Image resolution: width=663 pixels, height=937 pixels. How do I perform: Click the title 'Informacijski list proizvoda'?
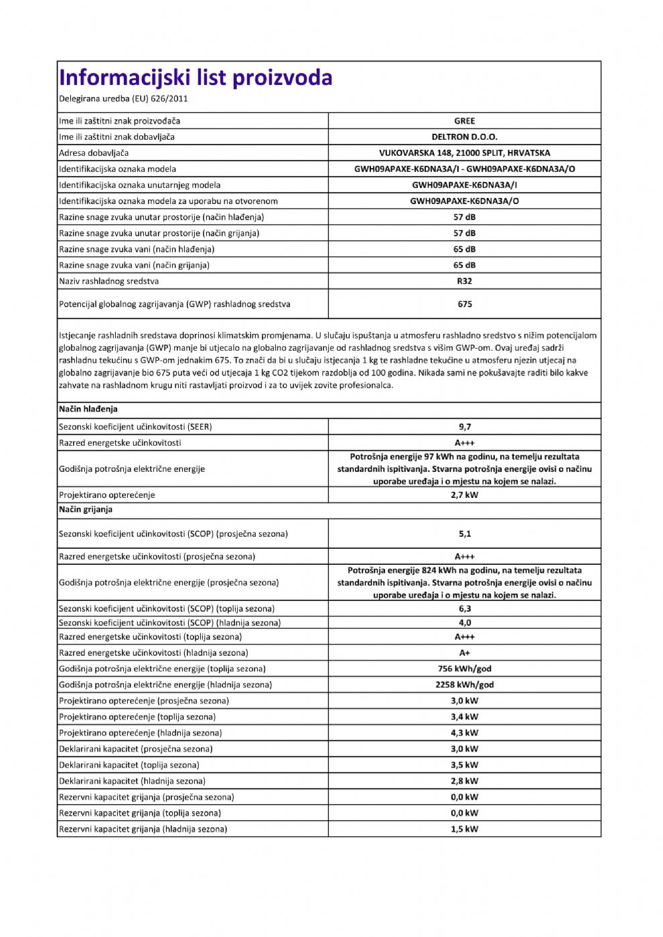(x=196, y=78)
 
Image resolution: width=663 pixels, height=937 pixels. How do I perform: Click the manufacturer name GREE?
(x=464, y=121)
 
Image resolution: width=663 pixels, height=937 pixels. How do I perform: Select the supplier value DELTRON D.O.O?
(x=464, y=137)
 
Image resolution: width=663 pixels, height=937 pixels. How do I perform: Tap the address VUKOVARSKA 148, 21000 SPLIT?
(x=464, y=153)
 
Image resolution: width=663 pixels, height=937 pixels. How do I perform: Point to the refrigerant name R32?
(x=464, y=281)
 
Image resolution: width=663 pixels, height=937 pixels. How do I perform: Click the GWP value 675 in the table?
(x=465, y=304)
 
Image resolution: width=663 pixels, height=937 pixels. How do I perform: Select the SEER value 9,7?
(x=464, y=427)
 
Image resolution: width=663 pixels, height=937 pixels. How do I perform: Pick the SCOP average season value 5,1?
(x=464, y=534)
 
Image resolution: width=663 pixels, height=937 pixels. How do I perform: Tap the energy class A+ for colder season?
(x=464, y=653)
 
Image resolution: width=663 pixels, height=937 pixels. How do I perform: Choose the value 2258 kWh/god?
(x=464, y=685)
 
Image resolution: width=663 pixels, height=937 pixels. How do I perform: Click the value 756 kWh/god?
(x=464, y=669)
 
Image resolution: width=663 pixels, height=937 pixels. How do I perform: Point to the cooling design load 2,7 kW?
(x=464, y=495)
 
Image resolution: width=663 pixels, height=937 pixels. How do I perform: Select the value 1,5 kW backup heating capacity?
(x=464, y=829)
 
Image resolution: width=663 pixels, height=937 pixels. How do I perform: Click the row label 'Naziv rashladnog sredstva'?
(x=109, y=281)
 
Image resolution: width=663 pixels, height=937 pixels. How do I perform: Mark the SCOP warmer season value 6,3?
(x=464, y=609)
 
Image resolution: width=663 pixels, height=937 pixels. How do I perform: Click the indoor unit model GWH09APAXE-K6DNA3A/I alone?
(x=464, y=185)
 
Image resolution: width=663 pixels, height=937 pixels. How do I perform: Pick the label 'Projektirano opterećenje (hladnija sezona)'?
(x=141, y=733)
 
